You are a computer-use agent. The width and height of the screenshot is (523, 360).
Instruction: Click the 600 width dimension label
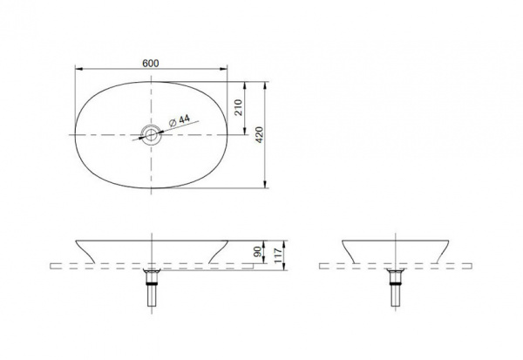tap(151, 63)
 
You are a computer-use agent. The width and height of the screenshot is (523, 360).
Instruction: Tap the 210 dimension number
tap(238, 107)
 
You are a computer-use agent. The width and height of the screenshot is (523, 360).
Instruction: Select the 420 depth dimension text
tap(259, 135)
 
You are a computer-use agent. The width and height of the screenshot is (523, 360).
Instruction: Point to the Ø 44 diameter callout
tap(179, 120)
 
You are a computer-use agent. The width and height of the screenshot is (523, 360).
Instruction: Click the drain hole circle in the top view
tap(151, 135)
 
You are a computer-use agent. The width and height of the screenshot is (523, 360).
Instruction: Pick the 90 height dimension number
tap(257, 252)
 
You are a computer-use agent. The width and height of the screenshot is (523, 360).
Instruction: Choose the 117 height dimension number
tap(279, 255)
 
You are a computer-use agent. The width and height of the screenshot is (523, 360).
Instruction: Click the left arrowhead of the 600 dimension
tap(79, 69)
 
